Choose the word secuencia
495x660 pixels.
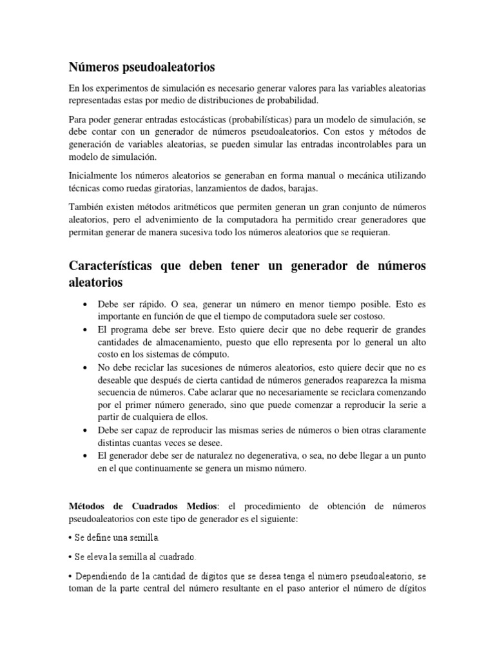(x=117, y=392)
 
